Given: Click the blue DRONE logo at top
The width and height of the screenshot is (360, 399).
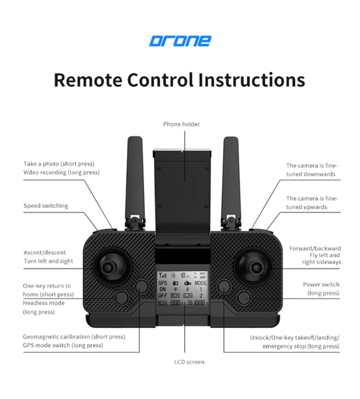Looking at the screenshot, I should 179,41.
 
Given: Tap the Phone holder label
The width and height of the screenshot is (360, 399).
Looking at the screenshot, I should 181,124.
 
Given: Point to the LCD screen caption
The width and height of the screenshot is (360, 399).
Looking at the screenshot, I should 181,362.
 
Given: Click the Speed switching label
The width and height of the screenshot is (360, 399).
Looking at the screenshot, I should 46,206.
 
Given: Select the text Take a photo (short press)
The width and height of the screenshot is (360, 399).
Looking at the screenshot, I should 59,164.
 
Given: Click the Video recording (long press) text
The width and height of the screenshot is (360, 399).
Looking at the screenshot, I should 61,172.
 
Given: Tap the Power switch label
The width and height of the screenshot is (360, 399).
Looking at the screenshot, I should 321,284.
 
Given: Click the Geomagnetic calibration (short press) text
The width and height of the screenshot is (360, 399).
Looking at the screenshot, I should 74,336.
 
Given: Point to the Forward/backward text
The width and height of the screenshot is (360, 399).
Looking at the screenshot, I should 315,249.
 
